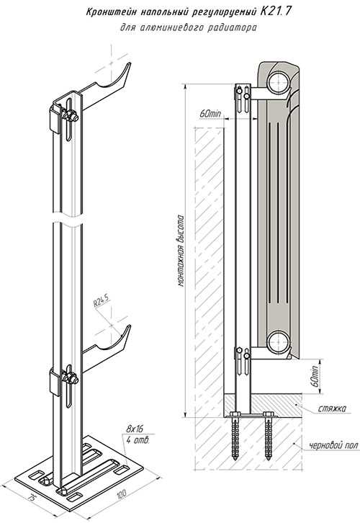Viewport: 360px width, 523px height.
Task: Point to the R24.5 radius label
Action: tap(102, 303)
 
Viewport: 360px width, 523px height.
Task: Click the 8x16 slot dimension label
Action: tap(135, 428)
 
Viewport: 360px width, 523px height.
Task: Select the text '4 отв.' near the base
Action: tap(138, 440)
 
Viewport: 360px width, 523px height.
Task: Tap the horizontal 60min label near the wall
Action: tap(210, 113)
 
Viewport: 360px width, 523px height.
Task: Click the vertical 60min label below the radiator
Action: tap(315, 376)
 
